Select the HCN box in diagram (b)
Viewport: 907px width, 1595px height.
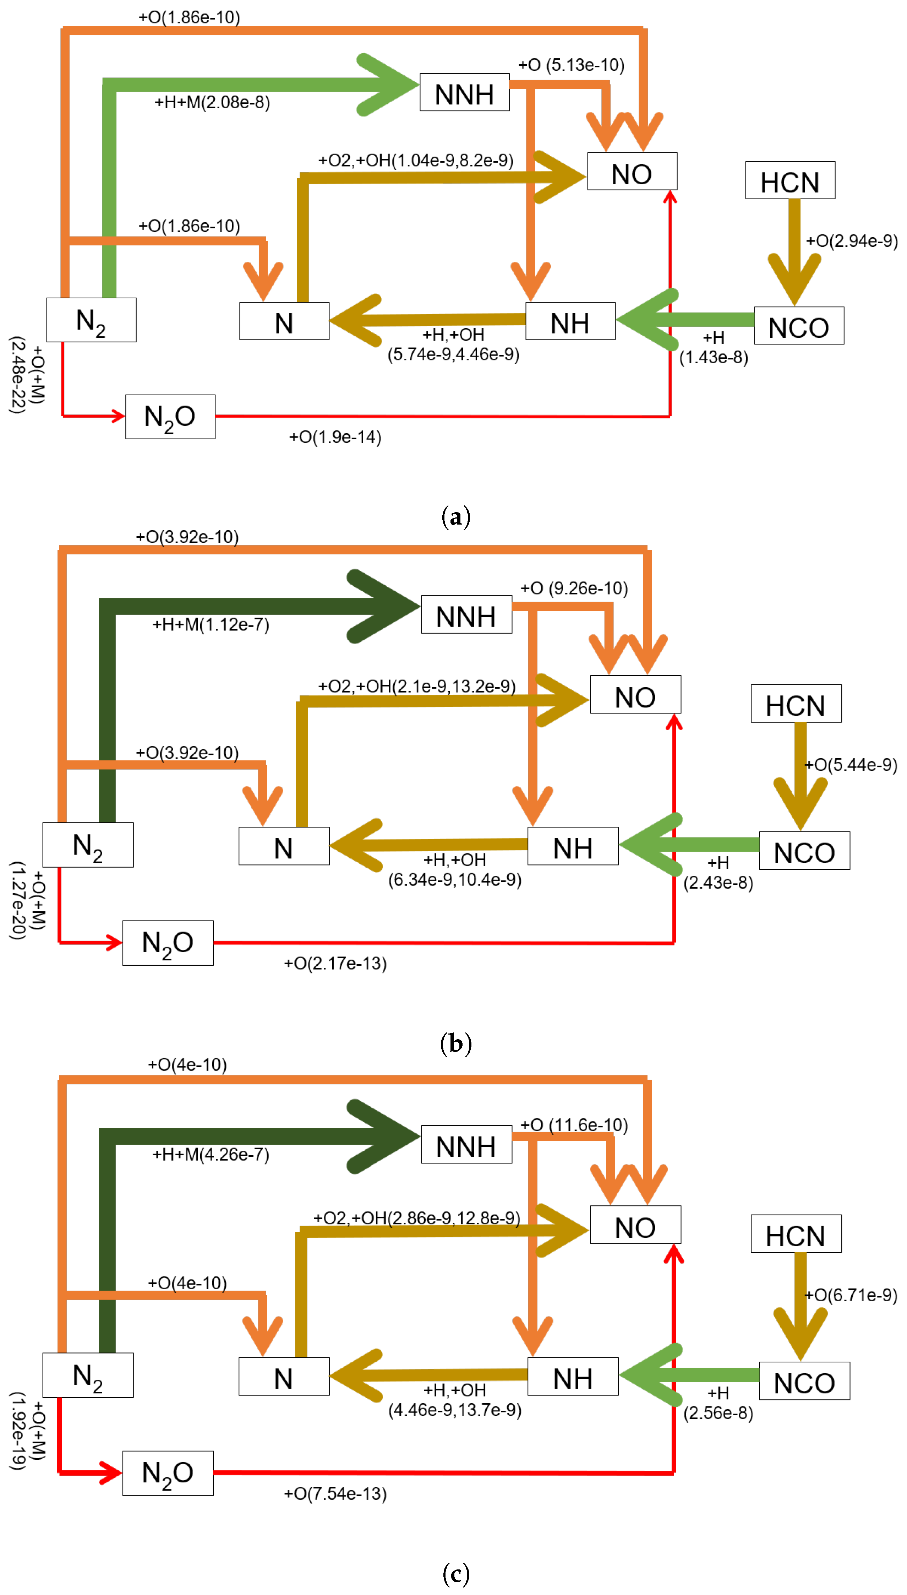coord(796,704)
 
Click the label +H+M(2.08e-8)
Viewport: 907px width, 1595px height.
coord(212,102)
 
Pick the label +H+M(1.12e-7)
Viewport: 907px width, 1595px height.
coord(211,624)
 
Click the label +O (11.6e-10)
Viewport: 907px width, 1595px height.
coord(574,1125)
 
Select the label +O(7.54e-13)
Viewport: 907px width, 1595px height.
coord(335,1493)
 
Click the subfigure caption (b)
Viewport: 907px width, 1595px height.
coord(455,1043)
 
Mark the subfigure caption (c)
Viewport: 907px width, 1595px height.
coord(455,1573)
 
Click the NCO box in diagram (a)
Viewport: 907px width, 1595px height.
coord(799,325)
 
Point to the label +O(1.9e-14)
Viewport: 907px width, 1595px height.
coord(335,437)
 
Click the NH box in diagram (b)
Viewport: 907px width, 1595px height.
coord(573,846)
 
